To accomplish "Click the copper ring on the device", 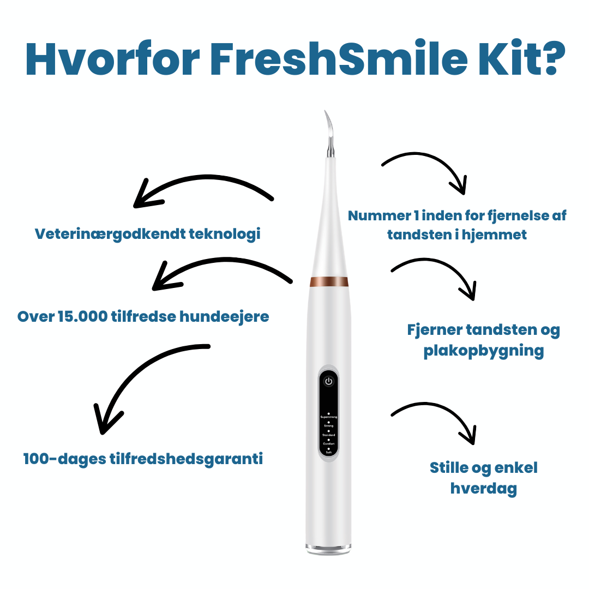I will [329, 281].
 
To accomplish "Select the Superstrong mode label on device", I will [328, 417].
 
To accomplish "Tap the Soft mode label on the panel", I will [328, 453].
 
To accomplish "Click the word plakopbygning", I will [483, 351].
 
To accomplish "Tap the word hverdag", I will [483, 489].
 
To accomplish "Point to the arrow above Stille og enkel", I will [436, 417].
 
